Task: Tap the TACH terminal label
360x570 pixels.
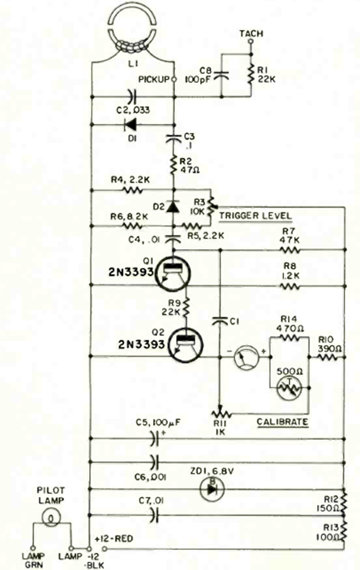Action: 251,34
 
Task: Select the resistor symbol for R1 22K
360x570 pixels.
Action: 251,74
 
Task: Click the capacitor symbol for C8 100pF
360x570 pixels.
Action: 220,74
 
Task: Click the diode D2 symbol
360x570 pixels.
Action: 173,205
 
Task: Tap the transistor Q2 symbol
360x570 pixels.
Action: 188,343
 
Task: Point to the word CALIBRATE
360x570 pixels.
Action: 282,422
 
